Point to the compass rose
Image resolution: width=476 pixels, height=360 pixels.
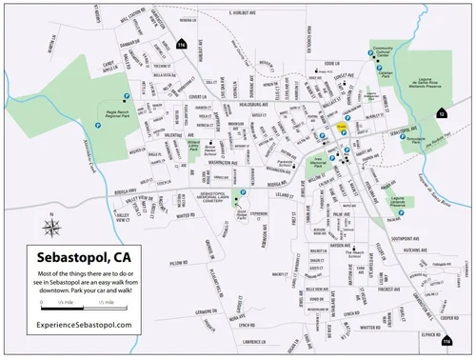[x=50, y=226]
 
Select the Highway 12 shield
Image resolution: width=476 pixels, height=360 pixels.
[x=441, y=113]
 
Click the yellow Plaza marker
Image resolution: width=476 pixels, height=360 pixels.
[x=340, y=125]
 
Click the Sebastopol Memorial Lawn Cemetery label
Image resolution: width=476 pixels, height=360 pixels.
[x=225, y=196]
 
